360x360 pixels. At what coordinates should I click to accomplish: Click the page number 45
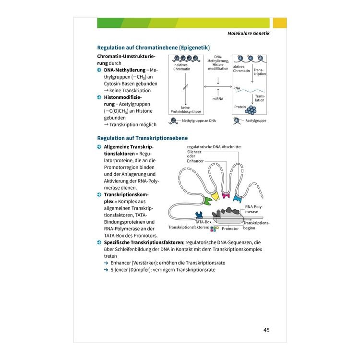266,330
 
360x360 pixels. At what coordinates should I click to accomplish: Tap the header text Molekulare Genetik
249,33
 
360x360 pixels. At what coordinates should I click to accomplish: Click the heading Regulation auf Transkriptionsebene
143,138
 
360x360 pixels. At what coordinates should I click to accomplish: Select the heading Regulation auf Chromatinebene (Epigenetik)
154,48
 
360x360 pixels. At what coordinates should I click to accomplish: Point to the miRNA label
217,99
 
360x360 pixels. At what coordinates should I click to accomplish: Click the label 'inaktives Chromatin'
181,67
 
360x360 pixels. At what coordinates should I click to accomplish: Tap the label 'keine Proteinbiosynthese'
185,109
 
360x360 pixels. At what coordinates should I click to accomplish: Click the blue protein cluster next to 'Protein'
251,110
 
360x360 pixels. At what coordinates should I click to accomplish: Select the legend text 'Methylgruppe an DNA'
199,121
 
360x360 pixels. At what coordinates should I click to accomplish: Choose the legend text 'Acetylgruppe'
256,121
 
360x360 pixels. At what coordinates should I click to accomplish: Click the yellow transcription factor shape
216,196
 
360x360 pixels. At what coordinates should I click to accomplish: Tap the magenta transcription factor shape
226,196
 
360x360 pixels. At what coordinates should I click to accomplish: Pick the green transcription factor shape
207,201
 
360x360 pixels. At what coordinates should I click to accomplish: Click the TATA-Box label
203,222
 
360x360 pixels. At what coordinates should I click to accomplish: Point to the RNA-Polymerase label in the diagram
253,209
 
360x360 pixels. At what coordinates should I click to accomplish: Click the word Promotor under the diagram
230,228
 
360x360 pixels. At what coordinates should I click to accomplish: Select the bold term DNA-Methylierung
125,70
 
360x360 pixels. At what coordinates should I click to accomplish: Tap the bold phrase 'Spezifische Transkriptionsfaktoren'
144,242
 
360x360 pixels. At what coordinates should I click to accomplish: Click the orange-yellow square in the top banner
280,23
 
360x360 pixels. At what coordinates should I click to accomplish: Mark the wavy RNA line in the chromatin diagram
250,91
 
